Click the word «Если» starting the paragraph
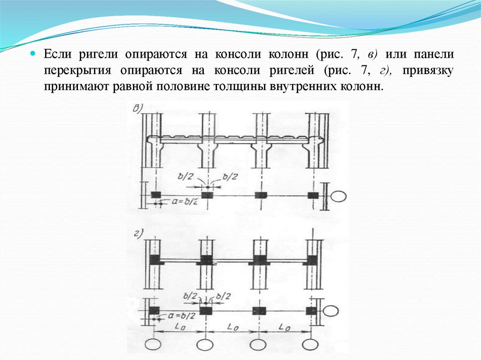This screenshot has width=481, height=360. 55,54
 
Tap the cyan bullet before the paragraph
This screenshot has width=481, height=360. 33,54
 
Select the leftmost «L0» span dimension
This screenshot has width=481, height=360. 179,326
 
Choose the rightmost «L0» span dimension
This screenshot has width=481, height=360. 284,326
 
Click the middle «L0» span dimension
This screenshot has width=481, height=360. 231,326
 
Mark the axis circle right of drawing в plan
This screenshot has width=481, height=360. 339,196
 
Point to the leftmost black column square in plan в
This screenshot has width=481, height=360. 155,195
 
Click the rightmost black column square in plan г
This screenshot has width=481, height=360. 310,311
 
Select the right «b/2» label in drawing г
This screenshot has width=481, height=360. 225,296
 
